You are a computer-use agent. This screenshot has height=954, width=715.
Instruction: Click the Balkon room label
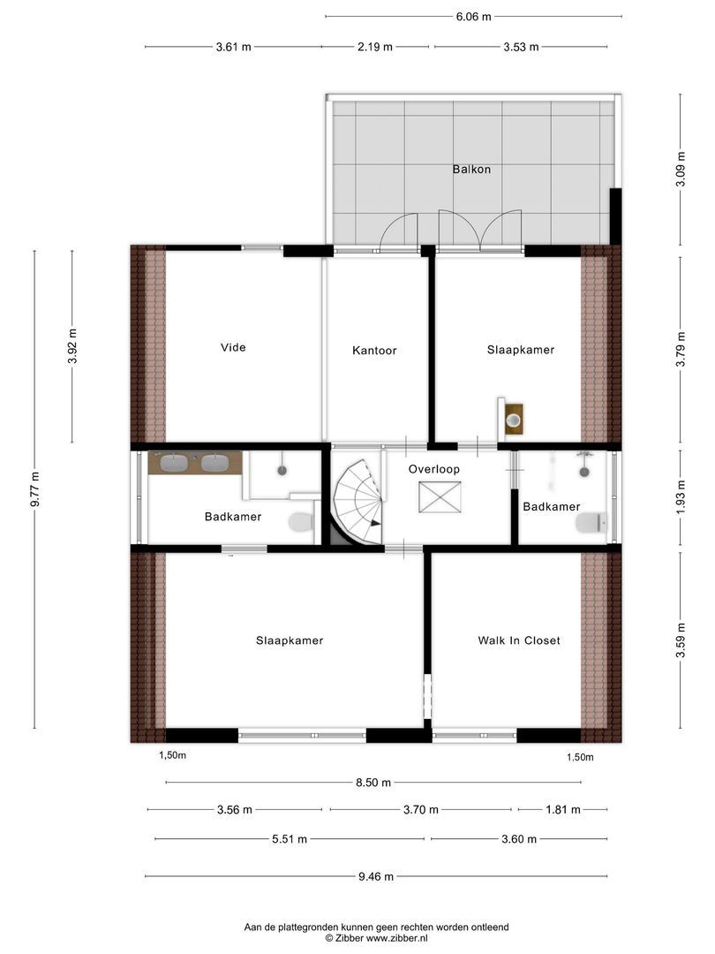tap(471, 169)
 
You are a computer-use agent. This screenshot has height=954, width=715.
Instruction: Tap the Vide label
tap(233, 347)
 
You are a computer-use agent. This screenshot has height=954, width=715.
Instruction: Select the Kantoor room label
tap(374, 351)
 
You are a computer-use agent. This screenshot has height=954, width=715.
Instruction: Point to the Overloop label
tap(433, 469)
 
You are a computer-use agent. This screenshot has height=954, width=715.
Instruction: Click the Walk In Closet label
tap(519, 640)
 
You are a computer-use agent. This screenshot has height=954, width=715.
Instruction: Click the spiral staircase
tap(357, 503)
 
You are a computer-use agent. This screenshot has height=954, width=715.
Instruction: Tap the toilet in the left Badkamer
tap(301, 521)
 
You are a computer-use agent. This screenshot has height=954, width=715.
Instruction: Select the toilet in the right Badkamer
tap(591, 523)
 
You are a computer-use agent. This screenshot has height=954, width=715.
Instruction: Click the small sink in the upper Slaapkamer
tap(513, 419)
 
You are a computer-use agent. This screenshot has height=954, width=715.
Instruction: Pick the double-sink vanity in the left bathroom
tap(195, 463)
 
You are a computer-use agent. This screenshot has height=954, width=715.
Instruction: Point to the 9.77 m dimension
tap(34, 488)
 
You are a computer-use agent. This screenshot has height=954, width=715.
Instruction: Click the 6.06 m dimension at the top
tap(473, 16)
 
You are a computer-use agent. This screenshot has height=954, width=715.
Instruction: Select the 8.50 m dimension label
tap(373, 782)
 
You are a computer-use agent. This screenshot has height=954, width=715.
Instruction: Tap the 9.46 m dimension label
tap(376, 876)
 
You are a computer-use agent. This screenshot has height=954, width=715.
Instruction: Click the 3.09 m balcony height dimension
tap(681, 170)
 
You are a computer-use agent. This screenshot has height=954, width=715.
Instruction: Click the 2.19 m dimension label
tap(375, 47)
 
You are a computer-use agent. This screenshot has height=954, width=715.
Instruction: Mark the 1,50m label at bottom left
tap(172, 755)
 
